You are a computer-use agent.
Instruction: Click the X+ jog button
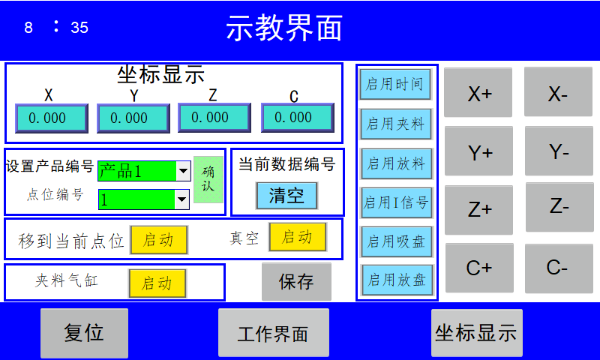click(x=478, y=93)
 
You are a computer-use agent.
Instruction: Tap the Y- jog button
click(x=559, y=152)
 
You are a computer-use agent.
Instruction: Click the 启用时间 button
click(x=395, y=84)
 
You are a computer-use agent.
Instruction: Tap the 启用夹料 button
click(x=395, y=124)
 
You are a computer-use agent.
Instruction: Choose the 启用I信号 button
click(x=396, y=202)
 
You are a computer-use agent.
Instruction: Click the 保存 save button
click(x=295, y=282)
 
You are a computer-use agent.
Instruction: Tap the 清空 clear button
click(x=286, y=196)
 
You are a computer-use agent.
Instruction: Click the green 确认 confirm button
click(x=208, y=179)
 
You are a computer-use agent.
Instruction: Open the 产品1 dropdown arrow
click(x=182, y=172)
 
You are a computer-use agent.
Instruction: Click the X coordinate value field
click(x=52, y=118)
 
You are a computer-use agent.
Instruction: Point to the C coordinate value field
click(x=297, y=117)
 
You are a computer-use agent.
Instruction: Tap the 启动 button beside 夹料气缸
click(x=157, y=283)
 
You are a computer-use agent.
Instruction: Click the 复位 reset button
click(x=84, y=333)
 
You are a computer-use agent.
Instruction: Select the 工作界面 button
click(x=273, y=333)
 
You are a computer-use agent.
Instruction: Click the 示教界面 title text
click(x=284, y=28)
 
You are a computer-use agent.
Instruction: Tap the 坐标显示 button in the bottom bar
click(x=476, y=333)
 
